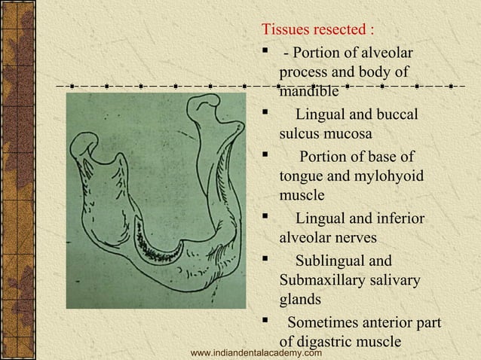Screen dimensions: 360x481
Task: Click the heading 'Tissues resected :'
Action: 317,30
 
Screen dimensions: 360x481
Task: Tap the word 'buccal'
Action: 393,115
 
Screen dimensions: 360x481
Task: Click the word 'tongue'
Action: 300,176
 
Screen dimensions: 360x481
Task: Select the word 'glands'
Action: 300,300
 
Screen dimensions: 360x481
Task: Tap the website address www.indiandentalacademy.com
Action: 257,352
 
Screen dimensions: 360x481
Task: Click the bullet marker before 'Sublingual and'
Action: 265,261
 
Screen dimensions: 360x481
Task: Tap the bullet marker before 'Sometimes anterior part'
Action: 265,322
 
